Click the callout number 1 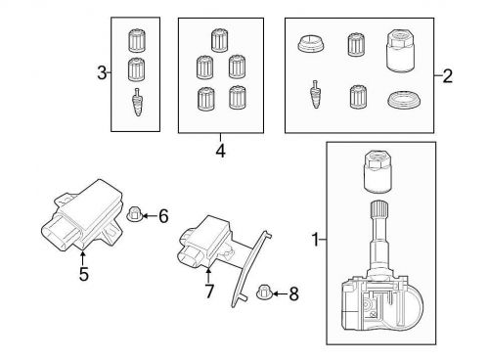click(x=315, y=240)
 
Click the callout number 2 click(x=448, y=76)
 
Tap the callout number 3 click(x=102, y=72)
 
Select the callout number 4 click(x=220, y=151)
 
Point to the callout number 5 click(x=84, y=274)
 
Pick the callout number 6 click(x=163, y=216)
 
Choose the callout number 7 click(x=209, y=291)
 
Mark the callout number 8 click(x=293, y=293)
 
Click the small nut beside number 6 click(x=133, y=214)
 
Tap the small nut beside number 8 click(x=263, y=292)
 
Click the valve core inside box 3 click(x=138, y=102)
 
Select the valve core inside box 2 click(x=316, y=94)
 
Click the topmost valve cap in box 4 click(x=219, y=40)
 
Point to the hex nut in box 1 click(x=378, y=172)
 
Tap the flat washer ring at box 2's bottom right click(x=404, y=101)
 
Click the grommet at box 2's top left click(x=311, y=44)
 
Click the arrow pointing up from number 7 click(x=208, y=275)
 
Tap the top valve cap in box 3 click(x=137, y=41)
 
